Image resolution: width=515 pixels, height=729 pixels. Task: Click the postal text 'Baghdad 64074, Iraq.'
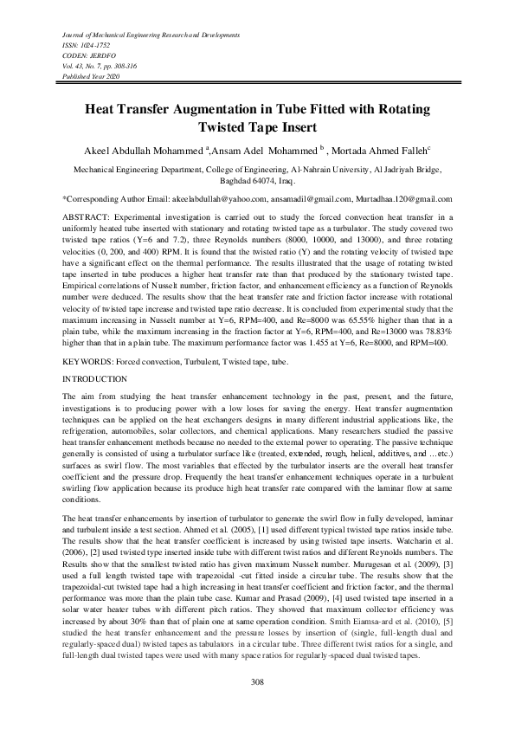tap(256, 182)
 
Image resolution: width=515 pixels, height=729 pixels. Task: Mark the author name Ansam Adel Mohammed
tap(265, 148)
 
